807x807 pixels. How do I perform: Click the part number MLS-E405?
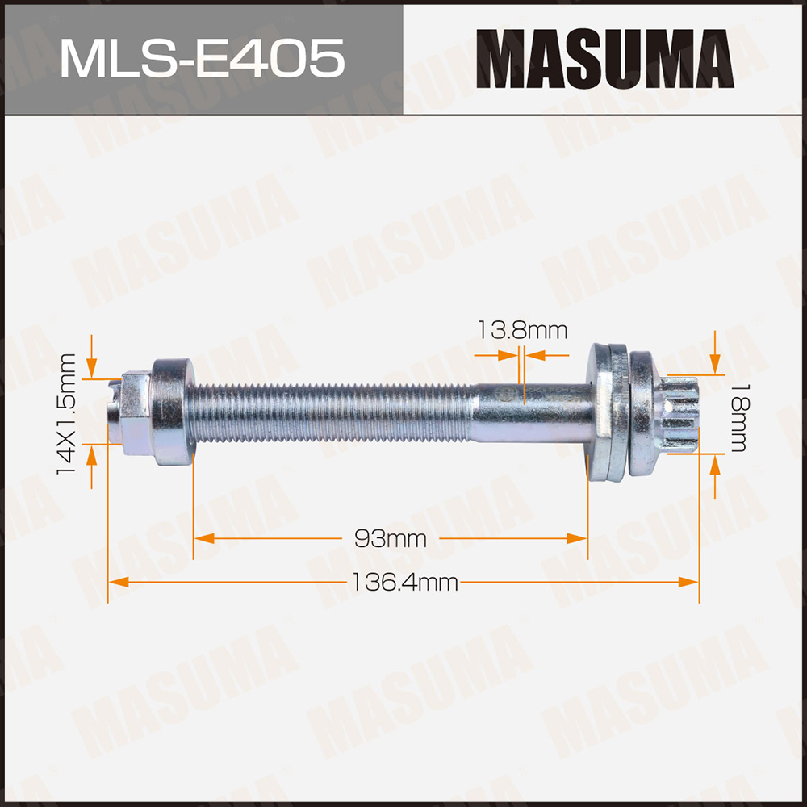(x=201, y=58)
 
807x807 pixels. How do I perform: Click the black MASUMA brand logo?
(x=604, y=58)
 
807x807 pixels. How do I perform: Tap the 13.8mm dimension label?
(x=522, y=330)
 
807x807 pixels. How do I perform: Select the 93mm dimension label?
(x=390, y=538)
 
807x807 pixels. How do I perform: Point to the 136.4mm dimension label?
(x=403, y=581)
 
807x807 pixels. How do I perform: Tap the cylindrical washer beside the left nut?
(x=171, y=412)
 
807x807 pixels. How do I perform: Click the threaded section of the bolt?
(x=331, y=412)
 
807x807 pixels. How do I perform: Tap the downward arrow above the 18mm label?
(x=715, y=365)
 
